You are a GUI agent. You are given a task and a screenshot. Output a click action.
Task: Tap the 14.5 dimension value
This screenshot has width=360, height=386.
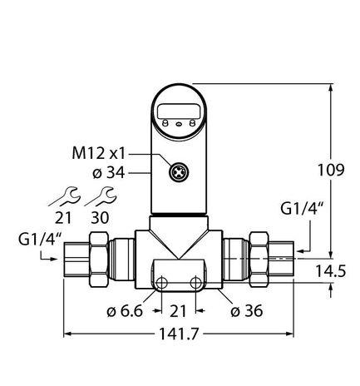[x=330, y=271]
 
